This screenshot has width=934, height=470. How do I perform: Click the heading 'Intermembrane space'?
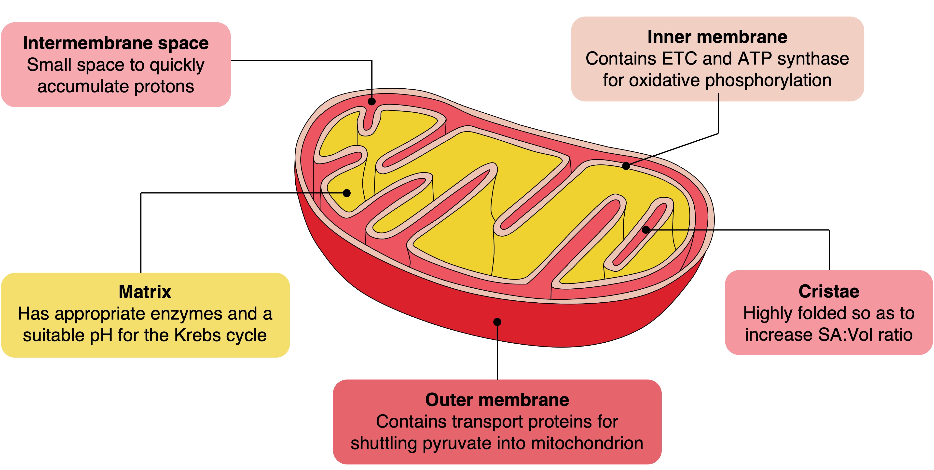[x=116, y=43]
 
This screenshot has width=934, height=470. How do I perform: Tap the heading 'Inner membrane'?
[x=717, y=37]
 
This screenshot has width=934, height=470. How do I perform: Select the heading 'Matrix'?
[x=145, y=292]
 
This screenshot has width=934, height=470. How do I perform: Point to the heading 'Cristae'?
[x=829, y=292]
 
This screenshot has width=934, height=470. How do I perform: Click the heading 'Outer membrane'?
[x=497, y=400]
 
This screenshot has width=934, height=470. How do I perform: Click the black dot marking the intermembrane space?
[x=372, y=101]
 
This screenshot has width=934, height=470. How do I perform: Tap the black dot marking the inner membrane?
[x=626, y=166]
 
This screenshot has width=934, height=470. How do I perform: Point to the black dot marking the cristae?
[x=646, y=230]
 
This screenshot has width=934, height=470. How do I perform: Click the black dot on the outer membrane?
[x=497, y=322]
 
